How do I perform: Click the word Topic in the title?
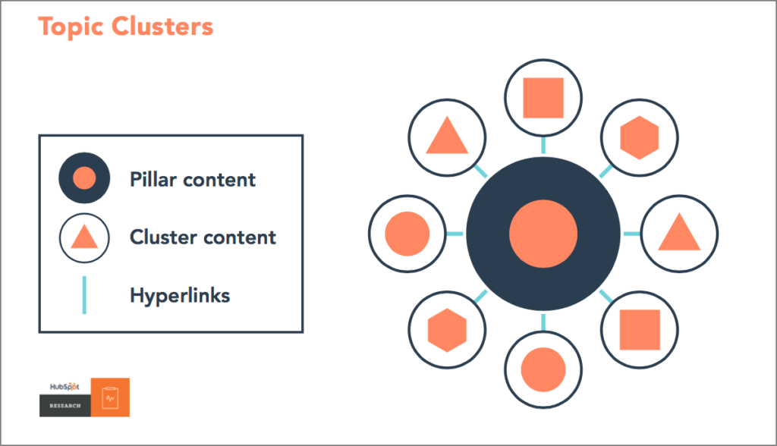71,27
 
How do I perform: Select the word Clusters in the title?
162,27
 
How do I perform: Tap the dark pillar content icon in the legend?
84,178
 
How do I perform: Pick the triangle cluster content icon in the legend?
84,238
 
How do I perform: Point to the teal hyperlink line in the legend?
84,295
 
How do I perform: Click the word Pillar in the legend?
153,180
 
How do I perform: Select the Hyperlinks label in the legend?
180,296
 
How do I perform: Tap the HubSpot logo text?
64,387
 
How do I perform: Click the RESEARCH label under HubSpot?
65,406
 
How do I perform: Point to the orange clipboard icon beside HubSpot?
110,397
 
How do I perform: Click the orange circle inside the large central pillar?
543,234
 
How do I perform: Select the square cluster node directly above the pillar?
543,98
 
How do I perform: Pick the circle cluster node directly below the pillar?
543,369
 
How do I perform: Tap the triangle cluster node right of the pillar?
679,234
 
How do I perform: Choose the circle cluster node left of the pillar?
407,234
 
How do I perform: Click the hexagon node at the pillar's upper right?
639,137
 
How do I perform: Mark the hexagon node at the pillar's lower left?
447,330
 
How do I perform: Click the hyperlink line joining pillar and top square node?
543,145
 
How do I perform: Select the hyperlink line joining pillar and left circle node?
455,234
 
